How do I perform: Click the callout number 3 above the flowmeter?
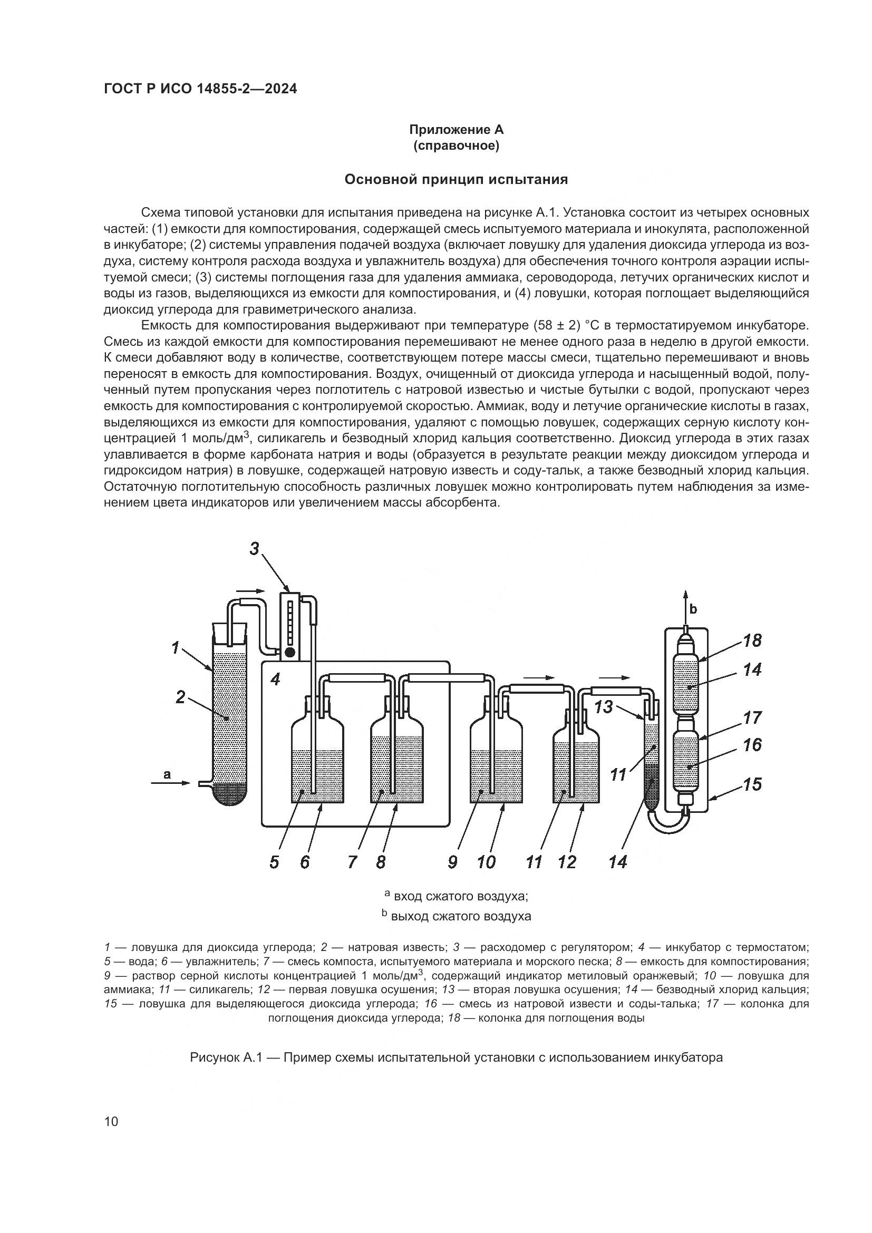click(255, 549)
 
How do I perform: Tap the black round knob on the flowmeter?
click(290, 653)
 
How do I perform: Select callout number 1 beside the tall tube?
click(175, 648)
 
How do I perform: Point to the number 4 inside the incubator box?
click(275, 679)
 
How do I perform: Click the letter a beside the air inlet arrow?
click(167, 774)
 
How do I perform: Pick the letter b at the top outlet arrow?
click(693, 609)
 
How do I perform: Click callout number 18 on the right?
click(753, 640)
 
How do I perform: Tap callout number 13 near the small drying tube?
click(604, 707)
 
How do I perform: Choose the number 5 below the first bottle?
click(274, 862)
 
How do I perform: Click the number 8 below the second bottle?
click(381, 862)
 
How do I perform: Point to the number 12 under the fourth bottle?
click(567, 862)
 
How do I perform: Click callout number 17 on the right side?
click(753, 717)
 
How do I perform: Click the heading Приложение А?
click(457, 130)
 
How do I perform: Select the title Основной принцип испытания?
click(457, 179)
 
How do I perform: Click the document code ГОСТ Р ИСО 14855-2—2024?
click(200, 89)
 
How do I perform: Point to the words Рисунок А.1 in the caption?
click(225, 1058)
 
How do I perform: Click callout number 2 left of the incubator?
click(180, 697)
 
